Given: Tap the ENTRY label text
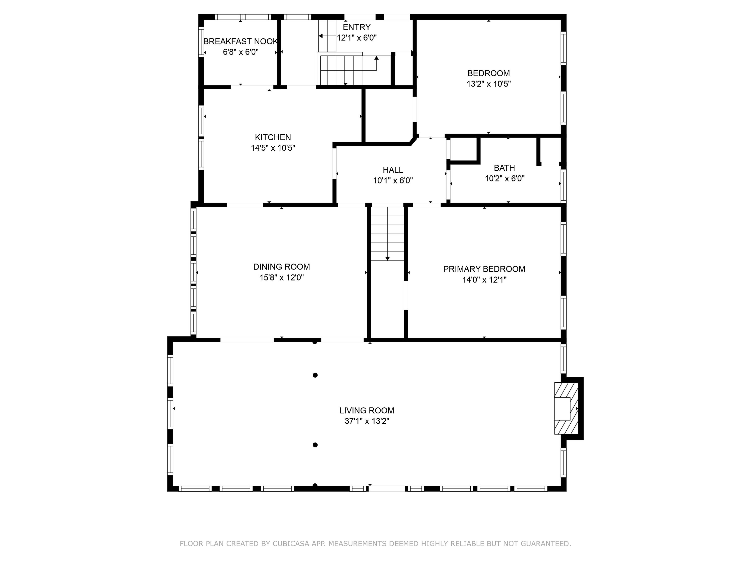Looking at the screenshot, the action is click(356, 27).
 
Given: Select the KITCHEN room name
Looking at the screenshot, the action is click(273, 137).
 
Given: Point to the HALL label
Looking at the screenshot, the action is click(393, 170).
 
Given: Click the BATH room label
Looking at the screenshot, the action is click(504, 168).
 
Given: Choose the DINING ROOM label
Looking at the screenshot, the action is click(281, 267).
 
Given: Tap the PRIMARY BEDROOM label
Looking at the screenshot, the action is click(484, 269).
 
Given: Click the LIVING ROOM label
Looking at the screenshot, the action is click(367, 410).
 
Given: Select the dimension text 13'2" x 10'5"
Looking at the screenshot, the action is click(489, 84).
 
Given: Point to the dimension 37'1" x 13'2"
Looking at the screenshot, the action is click(367, 421).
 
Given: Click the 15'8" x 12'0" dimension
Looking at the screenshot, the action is click(281, 277).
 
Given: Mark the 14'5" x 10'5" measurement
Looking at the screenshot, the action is click(273, 148).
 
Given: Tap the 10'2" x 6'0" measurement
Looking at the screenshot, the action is click(504, 178).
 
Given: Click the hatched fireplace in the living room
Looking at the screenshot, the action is click(566, 408).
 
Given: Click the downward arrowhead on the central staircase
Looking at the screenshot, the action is click(387, 258).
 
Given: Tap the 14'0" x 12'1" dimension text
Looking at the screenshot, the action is click(484, 280).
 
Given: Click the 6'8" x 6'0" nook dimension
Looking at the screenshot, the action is click(241, 52).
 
